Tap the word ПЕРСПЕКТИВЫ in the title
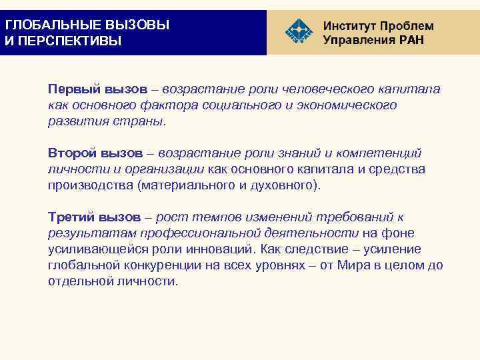pyautogui.click(x=67, y=41)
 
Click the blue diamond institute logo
pyautogui.click(x=297, y=32)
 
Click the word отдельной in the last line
pyautogui.click(x=77, y=281)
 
